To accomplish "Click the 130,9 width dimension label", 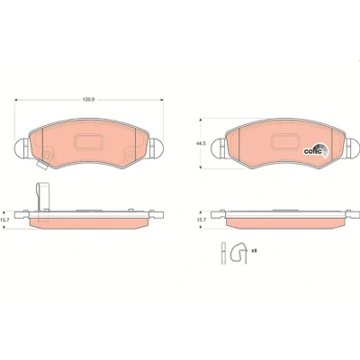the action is tap(88, 100).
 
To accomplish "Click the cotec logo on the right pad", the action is tap(316, 150).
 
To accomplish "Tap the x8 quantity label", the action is tap(254, 250).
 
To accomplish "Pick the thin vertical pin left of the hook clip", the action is tap(223, 253).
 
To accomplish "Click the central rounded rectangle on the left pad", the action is tap(89, 142).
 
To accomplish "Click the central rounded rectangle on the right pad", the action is tap(285, 141).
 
